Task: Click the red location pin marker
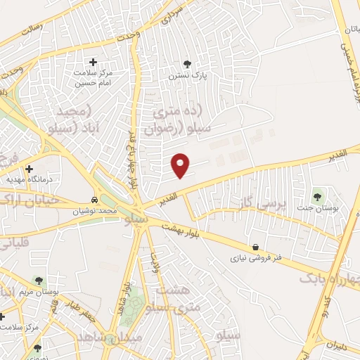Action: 181,165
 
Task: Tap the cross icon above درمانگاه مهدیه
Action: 29,169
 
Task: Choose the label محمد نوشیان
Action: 96,210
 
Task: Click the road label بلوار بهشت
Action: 181,230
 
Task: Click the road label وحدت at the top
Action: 128,34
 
